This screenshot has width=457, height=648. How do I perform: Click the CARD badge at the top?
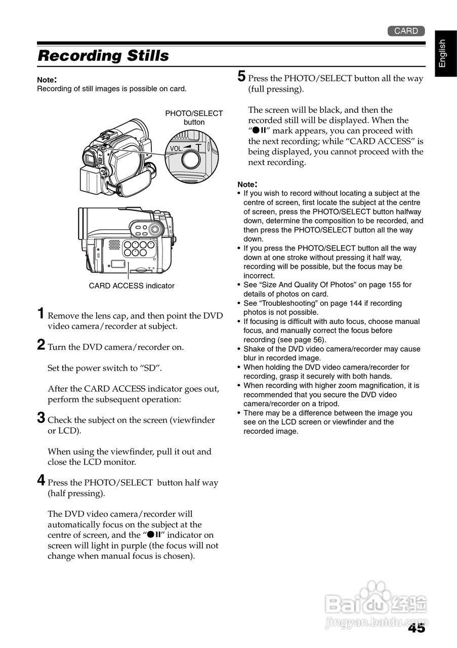(406, 31)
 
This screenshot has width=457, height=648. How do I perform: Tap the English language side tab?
(442, 53)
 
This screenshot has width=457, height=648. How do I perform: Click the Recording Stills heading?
(103, 55)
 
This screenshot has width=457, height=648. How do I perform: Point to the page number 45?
(416, 628)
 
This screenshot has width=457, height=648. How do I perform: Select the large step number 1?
(41, 314)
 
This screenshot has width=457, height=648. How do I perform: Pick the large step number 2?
(41, 345)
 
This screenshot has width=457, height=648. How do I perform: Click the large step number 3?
(41, 418)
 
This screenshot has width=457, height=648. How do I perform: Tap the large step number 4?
(41, 481)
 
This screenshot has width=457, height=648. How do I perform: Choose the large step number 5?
(242, 76)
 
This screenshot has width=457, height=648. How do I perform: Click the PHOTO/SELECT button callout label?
(194, 117)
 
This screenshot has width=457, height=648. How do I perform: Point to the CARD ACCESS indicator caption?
(132, 286)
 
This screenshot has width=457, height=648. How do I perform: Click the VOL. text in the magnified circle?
(177, 148)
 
